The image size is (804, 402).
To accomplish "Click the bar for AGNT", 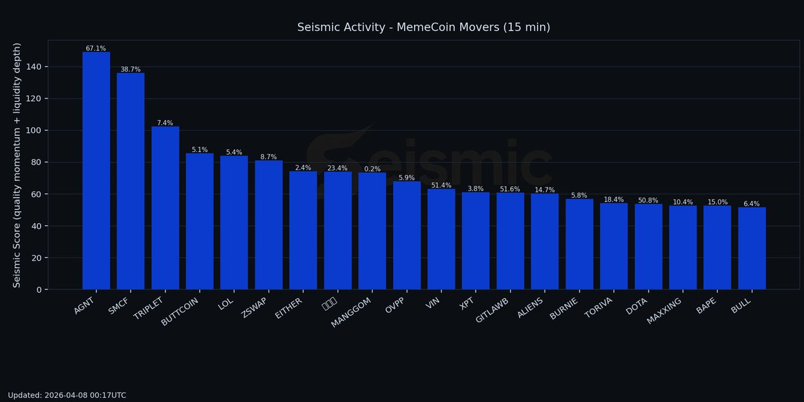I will click(96, 171).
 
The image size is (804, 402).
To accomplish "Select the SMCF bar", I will click(131, 181).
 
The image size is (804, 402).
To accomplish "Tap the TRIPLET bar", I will click(165, 208).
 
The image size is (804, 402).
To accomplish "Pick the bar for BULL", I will click(752, 249).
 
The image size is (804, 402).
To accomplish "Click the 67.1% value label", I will click(96, 48).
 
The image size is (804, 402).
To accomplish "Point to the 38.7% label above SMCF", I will click(131, 69).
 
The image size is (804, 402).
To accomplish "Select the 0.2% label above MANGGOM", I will click(372, 169).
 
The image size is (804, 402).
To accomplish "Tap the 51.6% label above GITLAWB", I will click(510, 190).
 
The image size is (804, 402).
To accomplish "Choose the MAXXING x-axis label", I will click(665, 310).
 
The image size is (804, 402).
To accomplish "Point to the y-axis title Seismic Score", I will click(17, 165).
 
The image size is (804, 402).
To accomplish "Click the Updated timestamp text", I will click(67, 395).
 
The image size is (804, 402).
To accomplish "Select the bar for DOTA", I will click(648, 247).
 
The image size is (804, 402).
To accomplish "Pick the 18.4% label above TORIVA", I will click(614, 200).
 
